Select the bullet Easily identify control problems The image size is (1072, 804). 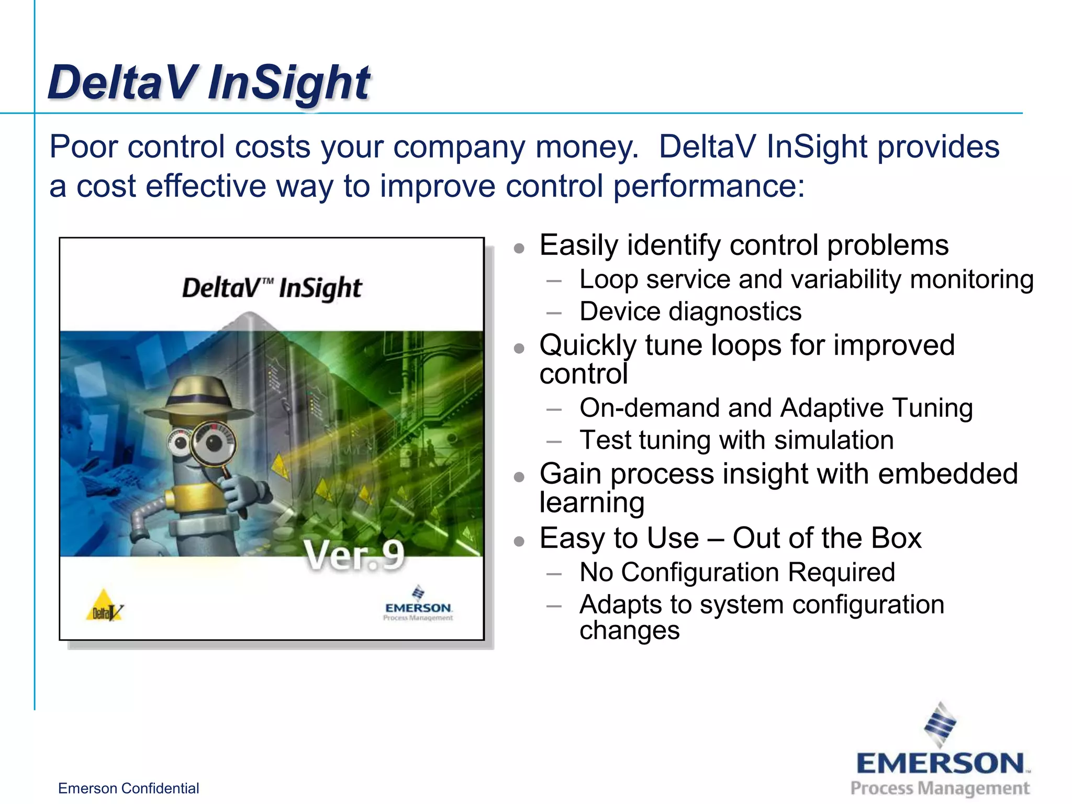743,245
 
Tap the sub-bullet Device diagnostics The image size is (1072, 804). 690,311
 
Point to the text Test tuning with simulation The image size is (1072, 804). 736,440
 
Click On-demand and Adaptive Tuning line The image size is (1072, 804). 776,408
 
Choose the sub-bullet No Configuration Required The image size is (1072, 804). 737,572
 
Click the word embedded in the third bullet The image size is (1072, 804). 947,474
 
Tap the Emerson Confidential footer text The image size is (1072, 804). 128,788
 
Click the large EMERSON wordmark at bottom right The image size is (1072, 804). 940,764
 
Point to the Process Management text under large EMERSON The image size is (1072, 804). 940,788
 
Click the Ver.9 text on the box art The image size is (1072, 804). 354,555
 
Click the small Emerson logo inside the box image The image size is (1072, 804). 418,605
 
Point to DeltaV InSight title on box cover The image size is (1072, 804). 272,288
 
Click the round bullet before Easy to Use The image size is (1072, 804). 519,541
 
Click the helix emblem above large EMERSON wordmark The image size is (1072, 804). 940,724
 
